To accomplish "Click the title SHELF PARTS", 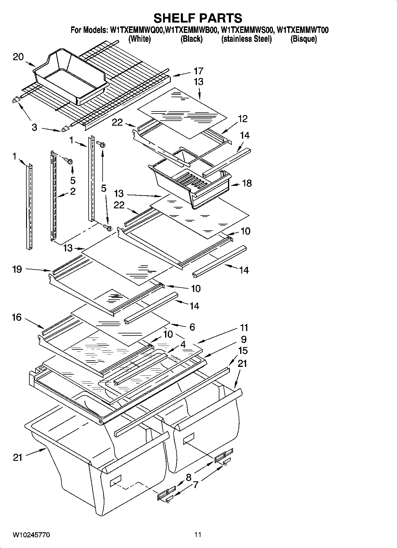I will click(x=198, y=18).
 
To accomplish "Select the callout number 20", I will click(x=18, y=57).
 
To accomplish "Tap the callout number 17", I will click(x=198, y=71).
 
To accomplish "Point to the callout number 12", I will click(x=242, y=119).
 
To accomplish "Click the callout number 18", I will click(x=247, y=183).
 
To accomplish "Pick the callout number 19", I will click(x=17, y=269).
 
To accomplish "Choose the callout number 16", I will click(x=17, y=317).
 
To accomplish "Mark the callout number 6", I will click(x=192, y=327).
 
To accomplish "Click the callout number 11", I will click(x=244, y=328).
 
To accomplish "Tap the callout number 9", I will click(x=244, y=339).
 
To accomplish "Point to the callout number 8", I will click(x=189, y=477).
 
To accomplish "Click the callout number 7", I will click(x=196, y=485).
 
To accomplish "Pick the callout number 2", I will click(x=73, y=191).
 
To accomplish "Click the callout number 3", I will click(x=35, y=128).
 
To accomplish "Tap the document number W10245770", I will click(x=31, y=535).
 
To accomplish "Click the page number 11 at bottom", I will click(x=198, y=535).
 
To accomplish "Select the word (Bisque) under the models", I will click(x=303, y=39).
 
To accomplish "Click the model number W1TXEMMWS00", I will click(x=247, y=30).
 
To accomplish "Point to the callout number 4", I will click(x=183, y=345).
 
